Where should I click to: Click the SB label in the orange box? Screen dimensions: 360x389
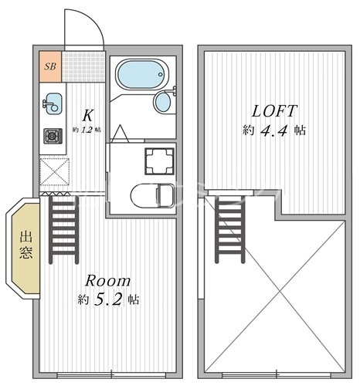click(50, 66)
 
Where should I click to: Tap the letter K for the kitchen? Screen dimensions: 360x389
click(87, 115)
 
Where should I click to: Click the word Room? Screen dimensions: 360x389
click(108, 281)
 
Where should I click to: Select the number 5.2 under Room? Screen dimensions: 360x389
click(107, 299)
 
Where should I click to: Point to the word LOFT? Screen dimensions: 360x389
click(274, 111)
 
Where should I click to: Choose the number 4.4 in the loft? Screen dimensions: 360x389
click(273, 130)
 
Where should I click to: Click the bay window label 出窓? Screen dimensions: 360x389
click(26, 245)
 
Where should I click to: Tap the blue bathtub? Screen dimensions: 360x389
click(142, 75)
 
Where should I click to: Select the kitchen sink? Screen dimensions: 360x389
click(53, 103)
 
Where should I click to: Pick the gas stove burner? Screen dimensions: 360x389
click(53, 136)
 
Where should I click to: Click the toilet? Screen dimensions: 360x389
click(152, 195)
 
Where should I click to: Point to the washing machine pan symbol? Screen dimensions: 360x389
click(159, 161)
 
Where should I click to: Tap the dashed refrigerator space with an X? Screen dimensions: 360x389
click(55, 171)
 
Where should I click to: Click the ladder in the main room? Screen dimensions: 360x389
click(63, 230)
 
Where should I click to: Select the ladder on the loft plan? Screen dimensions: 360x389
click(229, 229)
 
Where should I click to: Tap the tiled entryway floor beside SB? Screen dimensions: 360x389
click(83, 66)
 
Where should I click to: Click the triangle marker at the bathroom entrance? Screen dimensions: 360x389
click(119, 134)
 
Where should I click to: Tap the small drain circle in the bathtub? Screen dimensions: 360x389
click(161, 75)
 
